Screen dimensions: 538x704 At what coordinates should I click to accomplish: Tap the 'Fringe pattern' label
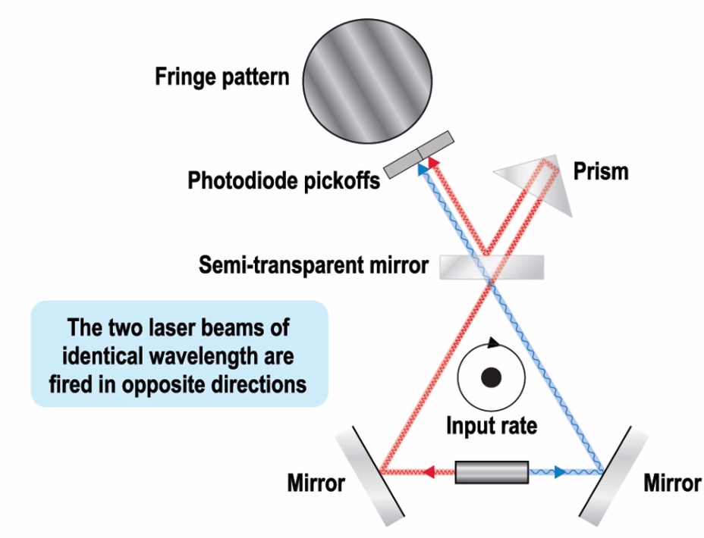(x=222, y=77)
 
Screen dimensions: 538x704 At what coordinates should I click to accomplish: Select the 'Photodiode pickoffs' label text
(x=284, y=182)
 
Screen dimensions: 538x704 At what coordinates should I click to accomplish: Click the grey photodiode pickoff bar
(x=418, y=155)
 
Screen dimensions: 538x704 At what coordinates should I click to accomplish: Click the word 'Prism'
(x=602, y=171)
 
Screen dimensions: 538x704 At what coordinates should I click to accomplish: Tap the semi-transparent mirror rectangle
(x=492, y=266)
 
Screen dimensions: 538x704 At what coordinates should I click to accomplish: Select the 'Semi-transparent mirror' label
(x=313, y=266)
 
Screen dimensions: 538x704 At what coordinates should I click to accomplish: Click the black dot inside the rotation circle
(x=492, y=376)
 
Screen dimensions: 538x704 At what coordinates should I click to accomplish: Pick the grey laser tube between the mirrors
(x=492, y=472)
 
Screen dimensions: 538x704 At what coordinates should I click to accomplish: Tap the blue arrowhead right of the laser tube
(x=559, y=472)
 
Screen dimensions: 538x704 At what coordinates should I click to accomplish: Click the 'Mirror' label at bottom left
(x=316, y=483)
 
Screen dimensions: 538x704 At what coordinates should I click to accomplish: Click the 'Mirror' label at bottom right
(x=671, y=483)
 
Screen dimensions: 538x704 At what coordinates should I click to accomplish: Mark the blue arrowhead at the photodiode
(x=419, y=170)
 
